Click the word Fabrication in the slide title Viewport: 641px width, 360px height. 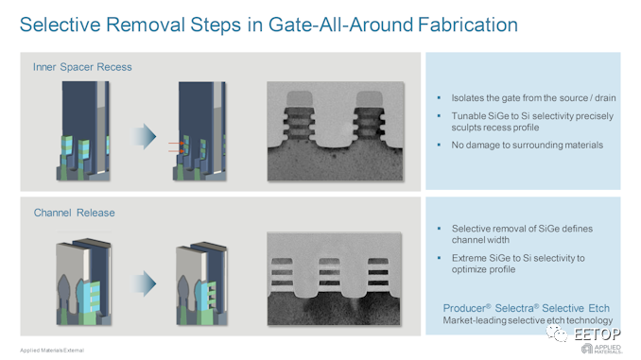coord(468,25)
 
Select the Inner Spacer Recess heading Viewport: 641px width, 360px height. coord(82,67)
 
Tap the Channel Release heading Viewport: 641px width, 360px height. coord(74,213)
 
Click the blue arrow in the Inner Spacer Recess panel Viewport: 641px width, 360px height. coord(144,136)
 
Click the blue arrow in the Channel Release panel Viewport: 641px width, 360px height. coord(144,283)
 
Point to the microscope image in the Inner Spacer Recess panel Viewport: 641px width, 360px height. coord(336,130)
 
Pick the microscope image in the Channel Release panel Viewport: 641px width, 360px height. coord(334,279)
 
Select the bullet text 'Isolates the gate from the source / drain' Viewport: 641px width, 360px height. coord(533,98)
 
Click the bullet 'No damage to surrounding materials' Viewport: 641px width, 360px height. coord(527,146)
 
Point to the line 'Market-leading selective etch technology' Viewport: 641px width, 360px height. coord(528,320)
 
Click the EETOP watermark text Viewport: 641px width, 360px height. coord(598,334)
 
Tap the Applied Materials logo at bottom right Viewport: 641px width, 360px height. coord(601,349)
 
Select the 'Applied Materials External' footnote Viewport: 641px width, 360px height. coord(52,351)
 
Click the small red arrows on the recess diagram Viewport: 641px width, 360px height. coord(176,147)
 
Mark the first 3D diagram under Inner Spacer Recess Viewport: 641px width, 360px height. coord(83,130)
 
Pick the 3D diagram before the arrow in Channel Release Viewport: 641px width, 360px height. coord(83,282)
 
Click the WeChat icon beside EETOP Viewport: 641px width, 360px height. coord(557,334)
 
